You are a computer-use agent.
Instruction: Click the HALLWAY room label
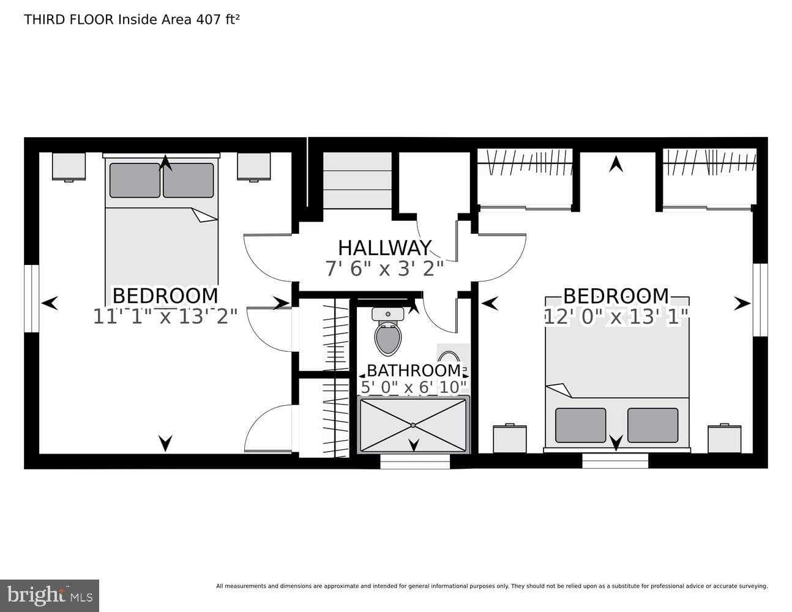[384, 248]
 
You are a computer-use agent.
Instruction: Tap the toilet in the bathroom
[387, 334]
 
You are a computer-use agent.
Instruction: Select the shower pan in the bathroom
[413, 425]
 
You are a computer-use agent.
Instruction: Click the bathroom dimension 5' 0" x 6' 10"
[414, 387]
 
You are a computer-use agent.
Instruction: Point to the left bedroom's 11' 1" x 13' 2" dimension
[165, 316]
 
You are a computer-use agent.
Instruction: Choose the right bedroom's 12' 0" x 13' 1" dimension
[616, 316]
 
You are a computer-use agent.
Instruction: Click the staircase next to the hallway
[357, 181]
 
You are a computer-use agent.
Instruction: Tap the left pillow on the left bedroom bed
[135, 180]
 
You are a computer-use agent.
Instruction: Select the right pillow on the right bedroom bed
[652, 425]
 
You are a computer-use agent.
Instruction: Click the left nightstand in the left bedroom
[69, 166]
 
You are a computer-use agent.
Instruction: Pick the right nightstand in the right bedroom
[724, 439]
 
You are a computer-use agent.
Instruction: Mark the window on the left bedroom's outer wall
[31, 299]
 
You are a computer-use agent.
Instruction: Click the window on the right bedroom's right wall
[760, 300]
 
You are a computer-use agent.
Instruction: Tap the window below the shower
[415, 462]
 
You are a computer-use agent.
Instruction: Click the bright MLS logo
[49, 595]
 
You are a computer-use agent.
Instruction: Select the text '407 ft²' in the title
[217, 20]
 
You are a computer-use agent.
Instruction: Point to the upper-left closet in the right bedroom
[525, 177]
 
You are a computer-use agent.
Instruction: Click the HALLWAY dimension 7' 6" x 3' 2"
[384, 269]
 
